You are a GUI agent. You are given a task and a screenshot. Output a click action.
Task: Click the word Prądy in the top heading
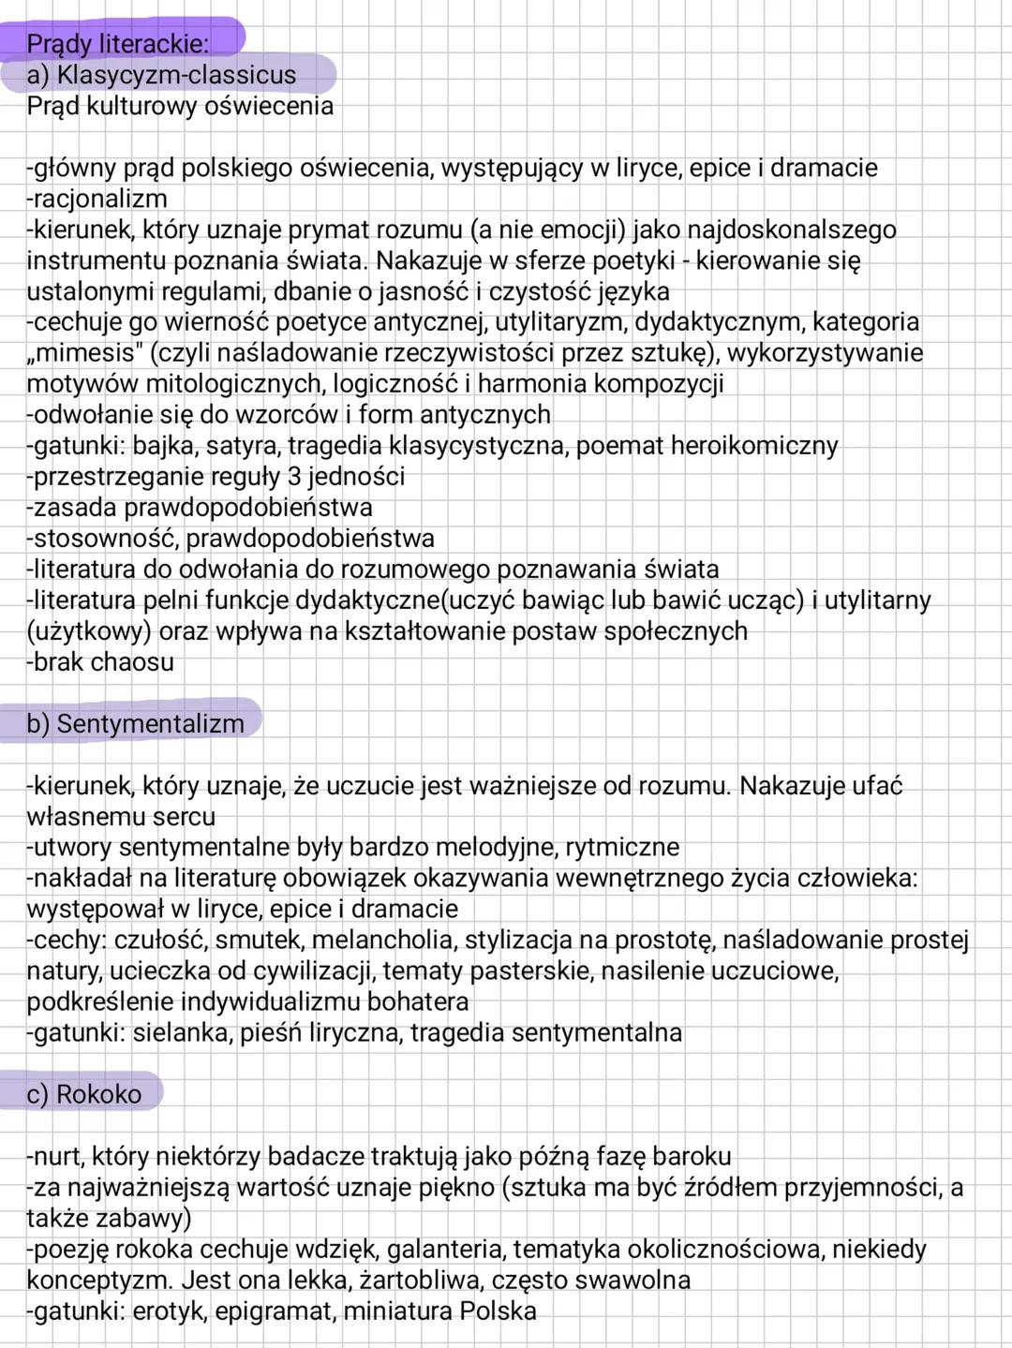[x=60, y=44]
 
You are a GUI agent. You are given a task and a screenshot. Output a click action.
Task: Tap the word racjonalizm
[x=100, y=199]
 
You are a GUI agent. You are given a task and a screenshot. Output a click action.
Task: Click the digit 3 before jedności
[x=293, y=477]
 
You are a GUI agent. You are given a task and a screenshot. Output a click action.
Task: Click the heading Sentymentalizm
[x=150, y=723]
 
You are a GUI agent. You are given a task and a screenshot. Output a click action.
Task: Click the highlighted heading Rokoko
[x=98, y=1094]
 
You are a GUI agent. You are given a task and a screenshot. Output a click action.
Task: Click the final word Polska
[x=498, y=1311]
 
